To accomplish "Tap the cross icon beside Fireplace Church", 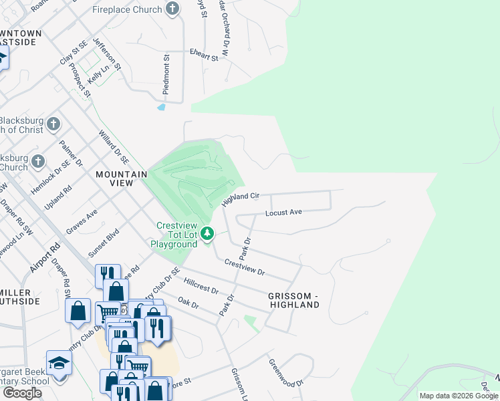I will [172, 9].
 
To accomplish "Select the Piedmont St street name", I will [166, 74].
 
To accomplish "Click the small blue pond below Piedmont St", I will [161, 106].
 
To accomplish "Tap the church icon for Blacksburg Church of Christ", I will [53, 124].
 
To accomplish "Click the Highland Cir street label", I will [240, 198].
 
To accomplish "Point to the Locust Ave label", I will [283, 213].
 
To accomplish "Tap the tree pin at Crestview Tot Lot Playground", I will [208, 233].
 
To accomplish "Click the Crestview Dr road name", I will [245, 268].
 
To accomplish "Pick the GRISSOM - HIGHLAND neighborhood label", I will [294, 300].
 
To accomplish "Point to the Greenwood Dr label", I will [286, 374].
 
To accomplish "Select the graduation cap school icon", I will [59, 363].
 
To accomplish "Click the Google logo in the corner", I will [22, 393].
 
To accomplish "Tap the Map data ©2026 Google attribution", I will [458, 396].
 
